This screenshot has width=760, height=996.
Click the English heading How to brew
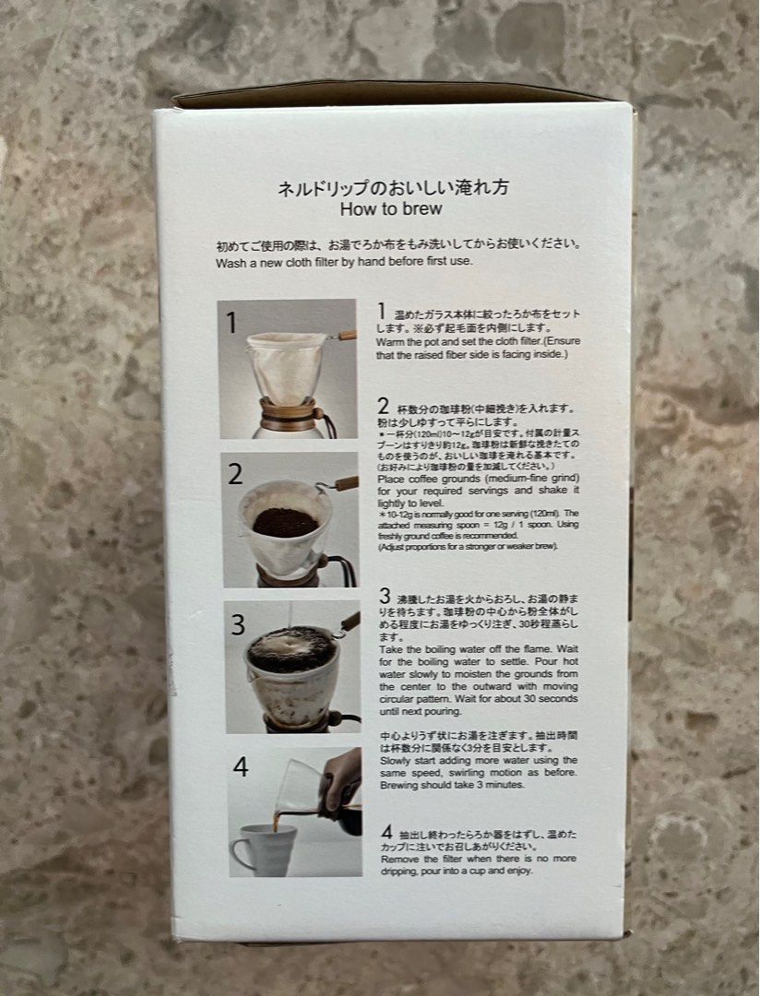tap(391, 208)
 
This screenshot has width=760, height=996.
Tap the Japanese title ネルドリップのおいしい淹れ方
tap(394, 187)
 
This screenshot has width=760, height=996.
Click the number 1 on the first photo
tap(232, 323)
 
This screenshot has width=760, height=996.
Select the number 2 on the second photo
tap(236, 474)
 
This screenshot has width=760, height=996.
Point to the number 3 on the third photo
tap(238, 624)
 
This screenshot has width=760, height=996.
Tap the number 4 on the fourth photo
tap(241, 767)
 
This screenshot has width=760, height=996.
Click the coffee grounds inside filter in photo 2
tap(285, 523)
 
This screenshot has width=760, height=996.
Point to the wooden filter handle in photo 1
tap(345, 336)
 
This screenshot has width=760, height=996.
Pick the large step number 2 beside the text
tap(383, 406)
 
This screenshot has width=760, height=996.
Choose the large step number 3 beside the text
tap(385, 594)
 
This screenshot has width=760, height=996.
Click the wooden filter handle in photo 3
tap(350, 622)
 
